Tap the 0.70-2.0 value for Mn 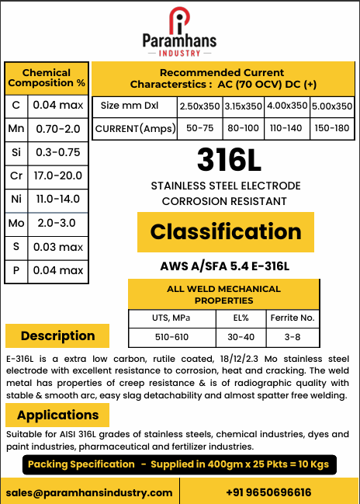click(58, 128)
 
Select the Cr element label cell click(16, 176)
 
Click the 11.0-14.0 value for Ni click(58, 200)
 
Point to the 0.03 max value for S click(58, 247)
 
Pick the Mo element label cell click(16, 224)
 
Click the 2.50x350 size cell click(199, 106)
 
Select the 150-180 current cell click(332, 128)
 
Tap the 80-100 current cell click(244, 128)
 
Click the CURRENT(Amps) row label click(134, 128)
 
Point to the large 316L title click(224, 160)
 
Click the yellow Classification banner click(225, 231)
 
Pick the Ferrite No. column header click(292, 318)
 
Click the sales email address click(89, 492)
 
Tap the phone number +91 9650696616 click(268, 492)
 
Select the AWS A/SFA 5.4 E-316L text click(224, 267)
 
